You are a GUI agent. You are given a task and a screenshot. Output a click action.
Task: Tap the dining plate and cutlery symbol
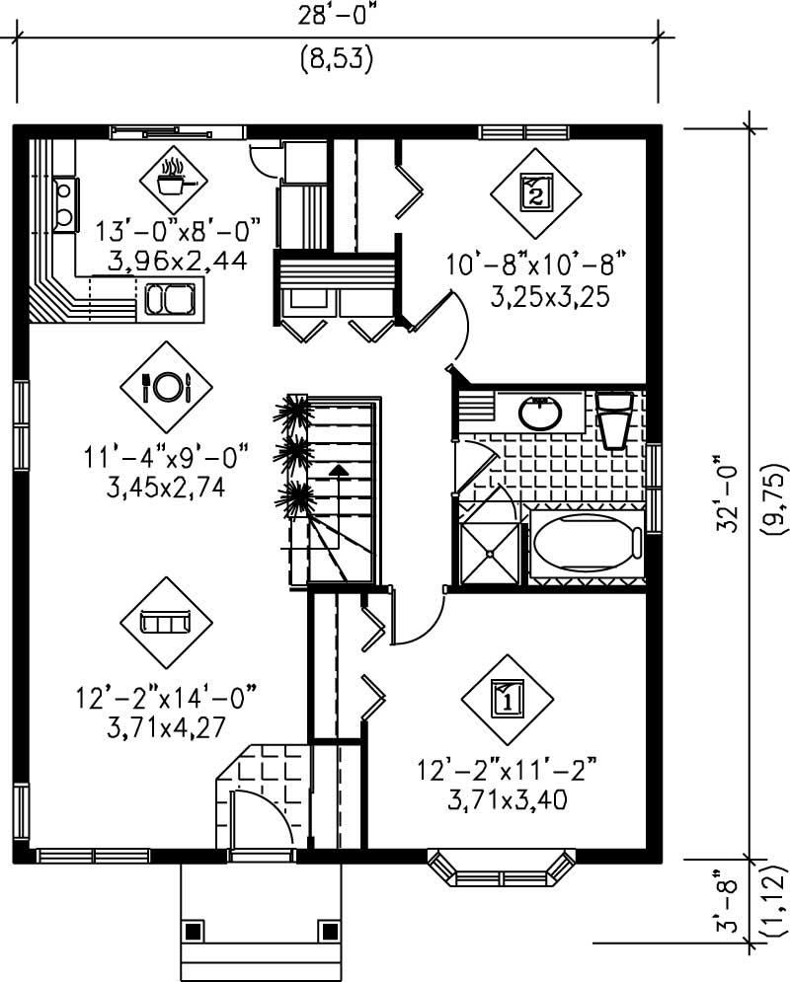[x=166, y=386]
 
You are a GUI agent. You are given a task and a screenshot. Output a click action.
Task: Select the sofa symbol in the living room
[x=166, y=622]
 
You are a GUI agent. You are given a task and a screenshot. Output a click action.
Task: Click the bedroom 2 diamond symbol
[x=534, y=192]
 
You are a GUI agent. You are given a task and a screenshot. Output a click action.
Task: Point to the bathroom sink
[x=540, y=413]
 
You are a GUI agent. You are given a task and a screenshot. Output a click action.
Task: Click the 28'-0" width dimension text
[x=337, y=17]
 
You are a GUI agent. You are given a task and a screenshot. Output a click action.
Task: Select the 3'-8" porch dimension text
[x=729, y=900]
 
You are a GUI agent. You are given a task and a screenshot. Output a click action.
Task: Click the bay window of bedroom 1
[x=501, y=868]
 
